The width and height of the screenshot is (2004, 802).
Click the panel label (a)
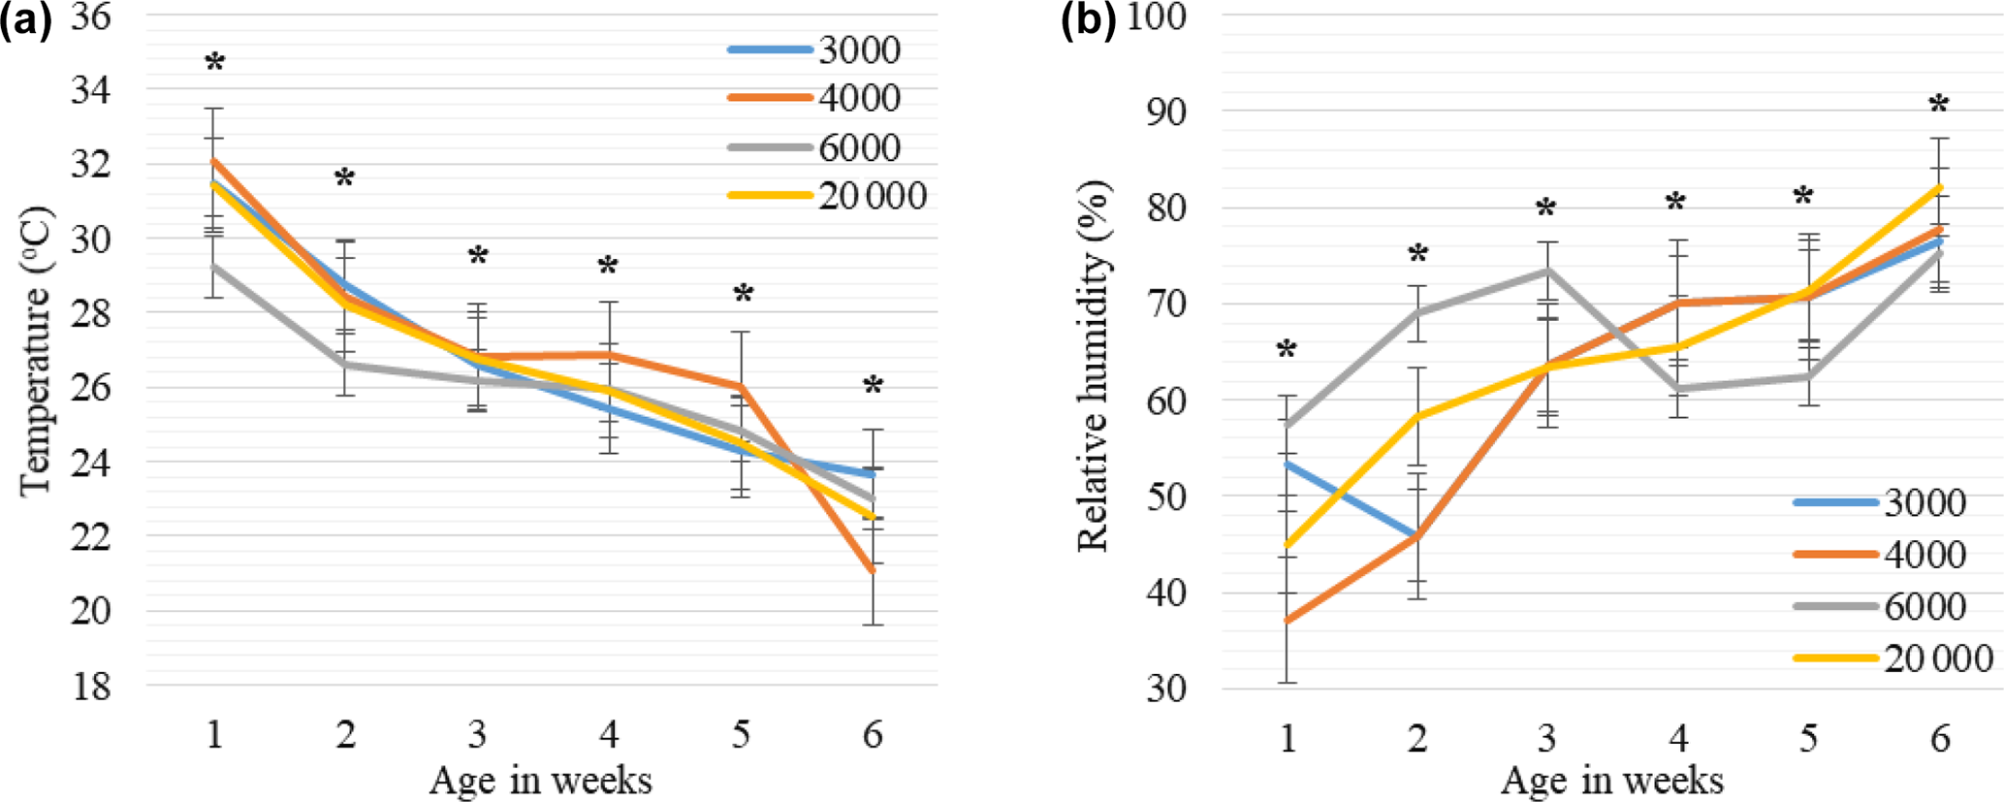click(26, 20)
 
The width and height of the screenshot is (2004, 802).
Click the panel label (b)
click(1088, 20)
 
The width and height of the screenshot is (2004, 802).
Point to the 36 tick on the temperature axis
click(90, 16)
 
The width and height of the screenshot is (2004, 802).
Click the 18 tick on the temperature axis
click(90, 687)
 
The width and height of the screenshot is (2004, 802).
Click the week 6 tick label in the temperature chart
click(873, 735)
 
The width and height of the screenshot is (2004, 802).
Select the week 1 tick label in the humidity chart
click(1288, 739)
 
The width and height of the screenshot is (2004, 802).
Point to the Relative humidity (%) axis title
click(1094, 367)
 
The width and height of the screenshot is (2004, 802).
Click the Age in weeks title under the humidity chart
click(1611, 780)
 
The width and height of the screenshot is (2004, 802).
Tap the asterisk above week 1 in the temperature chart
click(215, 64)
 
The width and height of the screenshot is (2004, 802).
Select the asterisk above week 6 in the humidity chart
click(1938, 105)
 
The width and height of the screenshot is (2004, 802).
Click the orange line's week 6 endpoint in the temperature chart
click(873, 571)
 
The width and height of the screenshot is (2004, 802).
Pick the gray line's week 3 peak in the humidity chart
click(1547, 271)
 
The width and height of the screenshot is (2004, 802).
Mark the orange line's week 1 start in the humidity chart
click(1288, 621)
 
